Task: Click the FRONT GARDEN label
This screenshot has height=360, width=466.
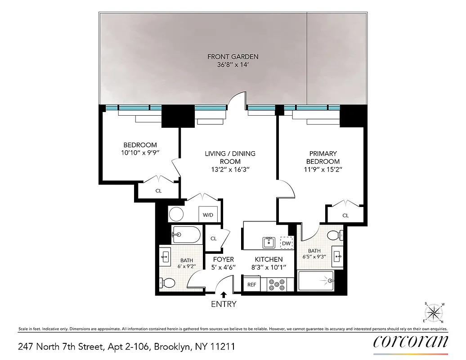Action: point(233,57)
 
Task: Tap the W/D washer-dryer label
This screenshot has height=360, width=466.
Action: point(208,215)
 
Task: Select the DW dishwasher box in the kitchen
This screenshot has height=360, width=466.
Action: point(287,243)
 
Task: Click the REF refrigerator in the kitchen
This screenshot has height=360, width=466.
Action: point(252,284)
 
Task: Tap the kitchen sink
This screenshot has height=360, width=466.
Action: point(269,243)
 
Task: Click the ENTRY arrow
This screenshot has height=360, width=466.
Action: point(224,295)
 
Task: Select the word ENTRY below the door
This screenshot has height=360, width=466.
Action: point(224,304)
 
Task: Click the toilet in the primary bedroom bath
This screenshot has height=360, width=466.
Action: point(334,235)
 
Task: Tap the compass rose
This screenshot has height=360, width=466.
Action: point(435,312)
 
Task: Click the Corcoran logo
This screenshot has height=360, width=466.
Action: point(411,342)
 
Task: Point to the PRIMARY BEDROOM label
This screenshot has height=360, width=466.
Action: point(323,157)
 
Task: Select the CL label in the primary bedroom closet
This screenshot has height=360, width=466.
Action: point(345,216)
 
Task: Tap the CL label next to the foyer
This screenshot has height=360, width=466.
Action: point(214,238)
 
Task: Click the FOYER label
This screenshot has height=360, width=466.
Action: point(224,259)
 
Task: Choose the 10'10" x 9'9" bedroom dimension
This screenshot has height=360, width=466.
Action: point(140,153)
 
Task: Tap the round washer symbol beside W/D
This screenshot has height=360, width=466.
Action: point(177,214)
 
